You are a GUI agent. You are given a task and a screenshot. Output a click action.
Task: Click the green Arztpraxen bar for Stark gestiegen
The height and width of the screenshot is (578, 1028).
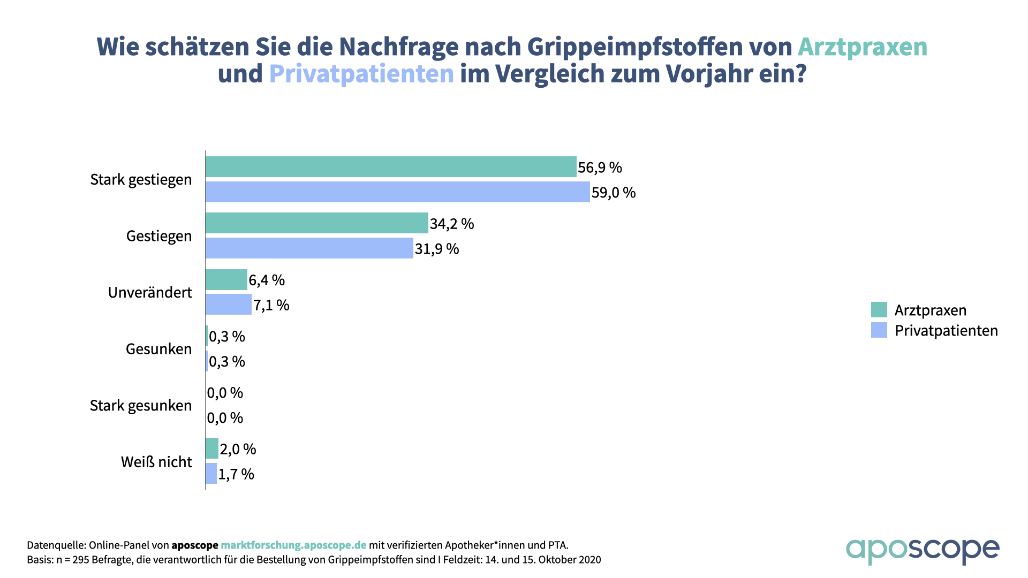tap(391, 167)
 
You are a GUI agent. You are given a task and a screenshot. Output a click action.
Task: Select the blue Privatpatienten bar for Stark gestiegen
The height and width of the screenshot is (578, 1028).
tap(397, 192)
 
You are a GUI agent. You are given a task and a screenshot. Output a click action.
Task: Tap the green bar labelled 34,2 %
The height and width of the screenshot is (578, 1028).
tap(316, 223)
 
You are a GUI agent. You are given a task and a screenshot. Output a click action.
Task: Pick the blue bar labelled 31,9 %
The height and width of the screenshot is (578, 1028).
tap(309, 248)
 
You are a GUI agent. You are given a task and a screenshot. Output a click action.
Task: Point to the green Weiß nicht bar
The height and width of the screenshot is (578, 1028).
tap(212, 448)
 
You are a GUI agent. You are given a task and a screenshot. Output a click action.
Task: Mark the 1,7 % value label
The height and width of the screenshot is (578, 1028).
tap(236, 474)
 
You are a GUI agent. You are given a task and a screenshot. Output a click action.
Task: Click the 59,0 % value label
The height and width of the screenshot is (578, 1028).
tap(614, 193)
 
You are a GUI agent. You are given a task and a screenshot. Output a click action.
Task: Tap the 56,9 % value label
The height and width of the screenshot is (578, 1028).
tap(600, 168)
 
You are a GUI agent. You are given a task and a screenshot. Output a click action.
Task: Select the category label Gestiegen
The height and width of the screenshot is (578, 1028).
tap(158, 236)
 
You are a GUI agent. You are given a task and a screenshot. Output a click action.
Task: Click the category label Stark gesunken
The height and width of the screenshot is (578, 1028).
tap(140, 406)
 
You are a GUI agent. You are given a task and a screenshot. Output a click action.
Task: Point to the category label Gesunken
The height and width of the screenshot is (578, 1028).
tap(158, 349)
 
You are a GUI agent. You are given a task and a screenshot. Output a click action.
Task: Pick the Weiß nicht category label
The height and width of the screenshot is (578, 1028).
tap(156, 462)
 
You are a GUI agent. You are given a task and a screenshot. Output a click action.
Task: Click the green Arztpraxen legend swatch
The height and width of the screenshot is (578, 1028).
tap(879, 310)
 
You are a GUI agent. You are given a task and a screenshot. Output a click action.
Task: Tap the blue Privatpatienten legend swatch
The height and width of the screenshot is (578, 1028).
tap(879, 330)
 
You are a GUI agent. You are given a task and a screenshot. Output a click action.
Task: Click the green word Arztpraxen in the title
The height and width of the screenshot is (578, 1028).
tap(862, 47)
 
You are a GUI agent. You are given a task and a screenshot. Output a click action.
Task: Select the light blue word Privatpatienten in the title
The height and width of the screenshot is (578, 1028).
tap(361, 74)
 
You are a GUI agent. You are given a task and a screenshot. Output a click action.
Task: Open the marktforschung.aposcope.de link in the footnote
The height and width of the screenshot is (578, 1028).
tap(293, 545)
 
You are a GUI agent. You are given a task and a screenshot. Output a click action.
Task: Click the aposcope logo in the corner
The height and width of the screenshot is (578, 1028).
tap(922, 551)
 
